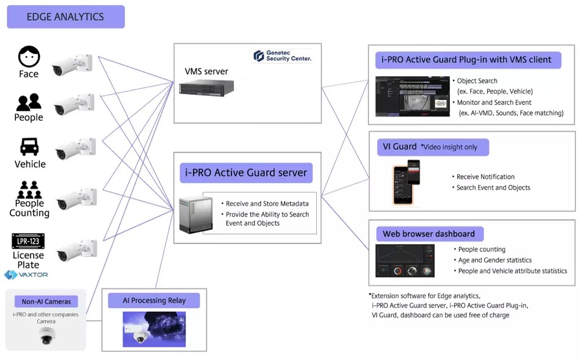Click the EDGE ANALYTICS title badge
point(65,17)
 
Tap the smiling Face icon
point(29,57)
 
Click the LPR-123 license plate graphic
point(28,241)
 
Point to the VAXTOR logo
point(26,275)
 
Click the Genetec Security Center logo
point(283,56)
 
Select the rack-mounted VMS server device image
point(206,88)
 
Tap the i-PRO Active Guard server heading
point(245,173)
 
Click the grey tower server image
point(195,214)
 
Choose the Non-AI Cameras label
point(46,301)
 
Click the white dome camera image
point(46,335)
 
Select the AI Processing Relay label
point(154,301)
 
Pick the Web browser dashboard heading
point(429,234)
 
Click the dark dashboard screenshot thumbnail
point(405,261)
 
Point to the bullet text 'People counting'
point(482,249)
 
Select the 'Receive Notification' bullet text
point(485,176)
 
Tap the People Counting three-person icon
point(29,186)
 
